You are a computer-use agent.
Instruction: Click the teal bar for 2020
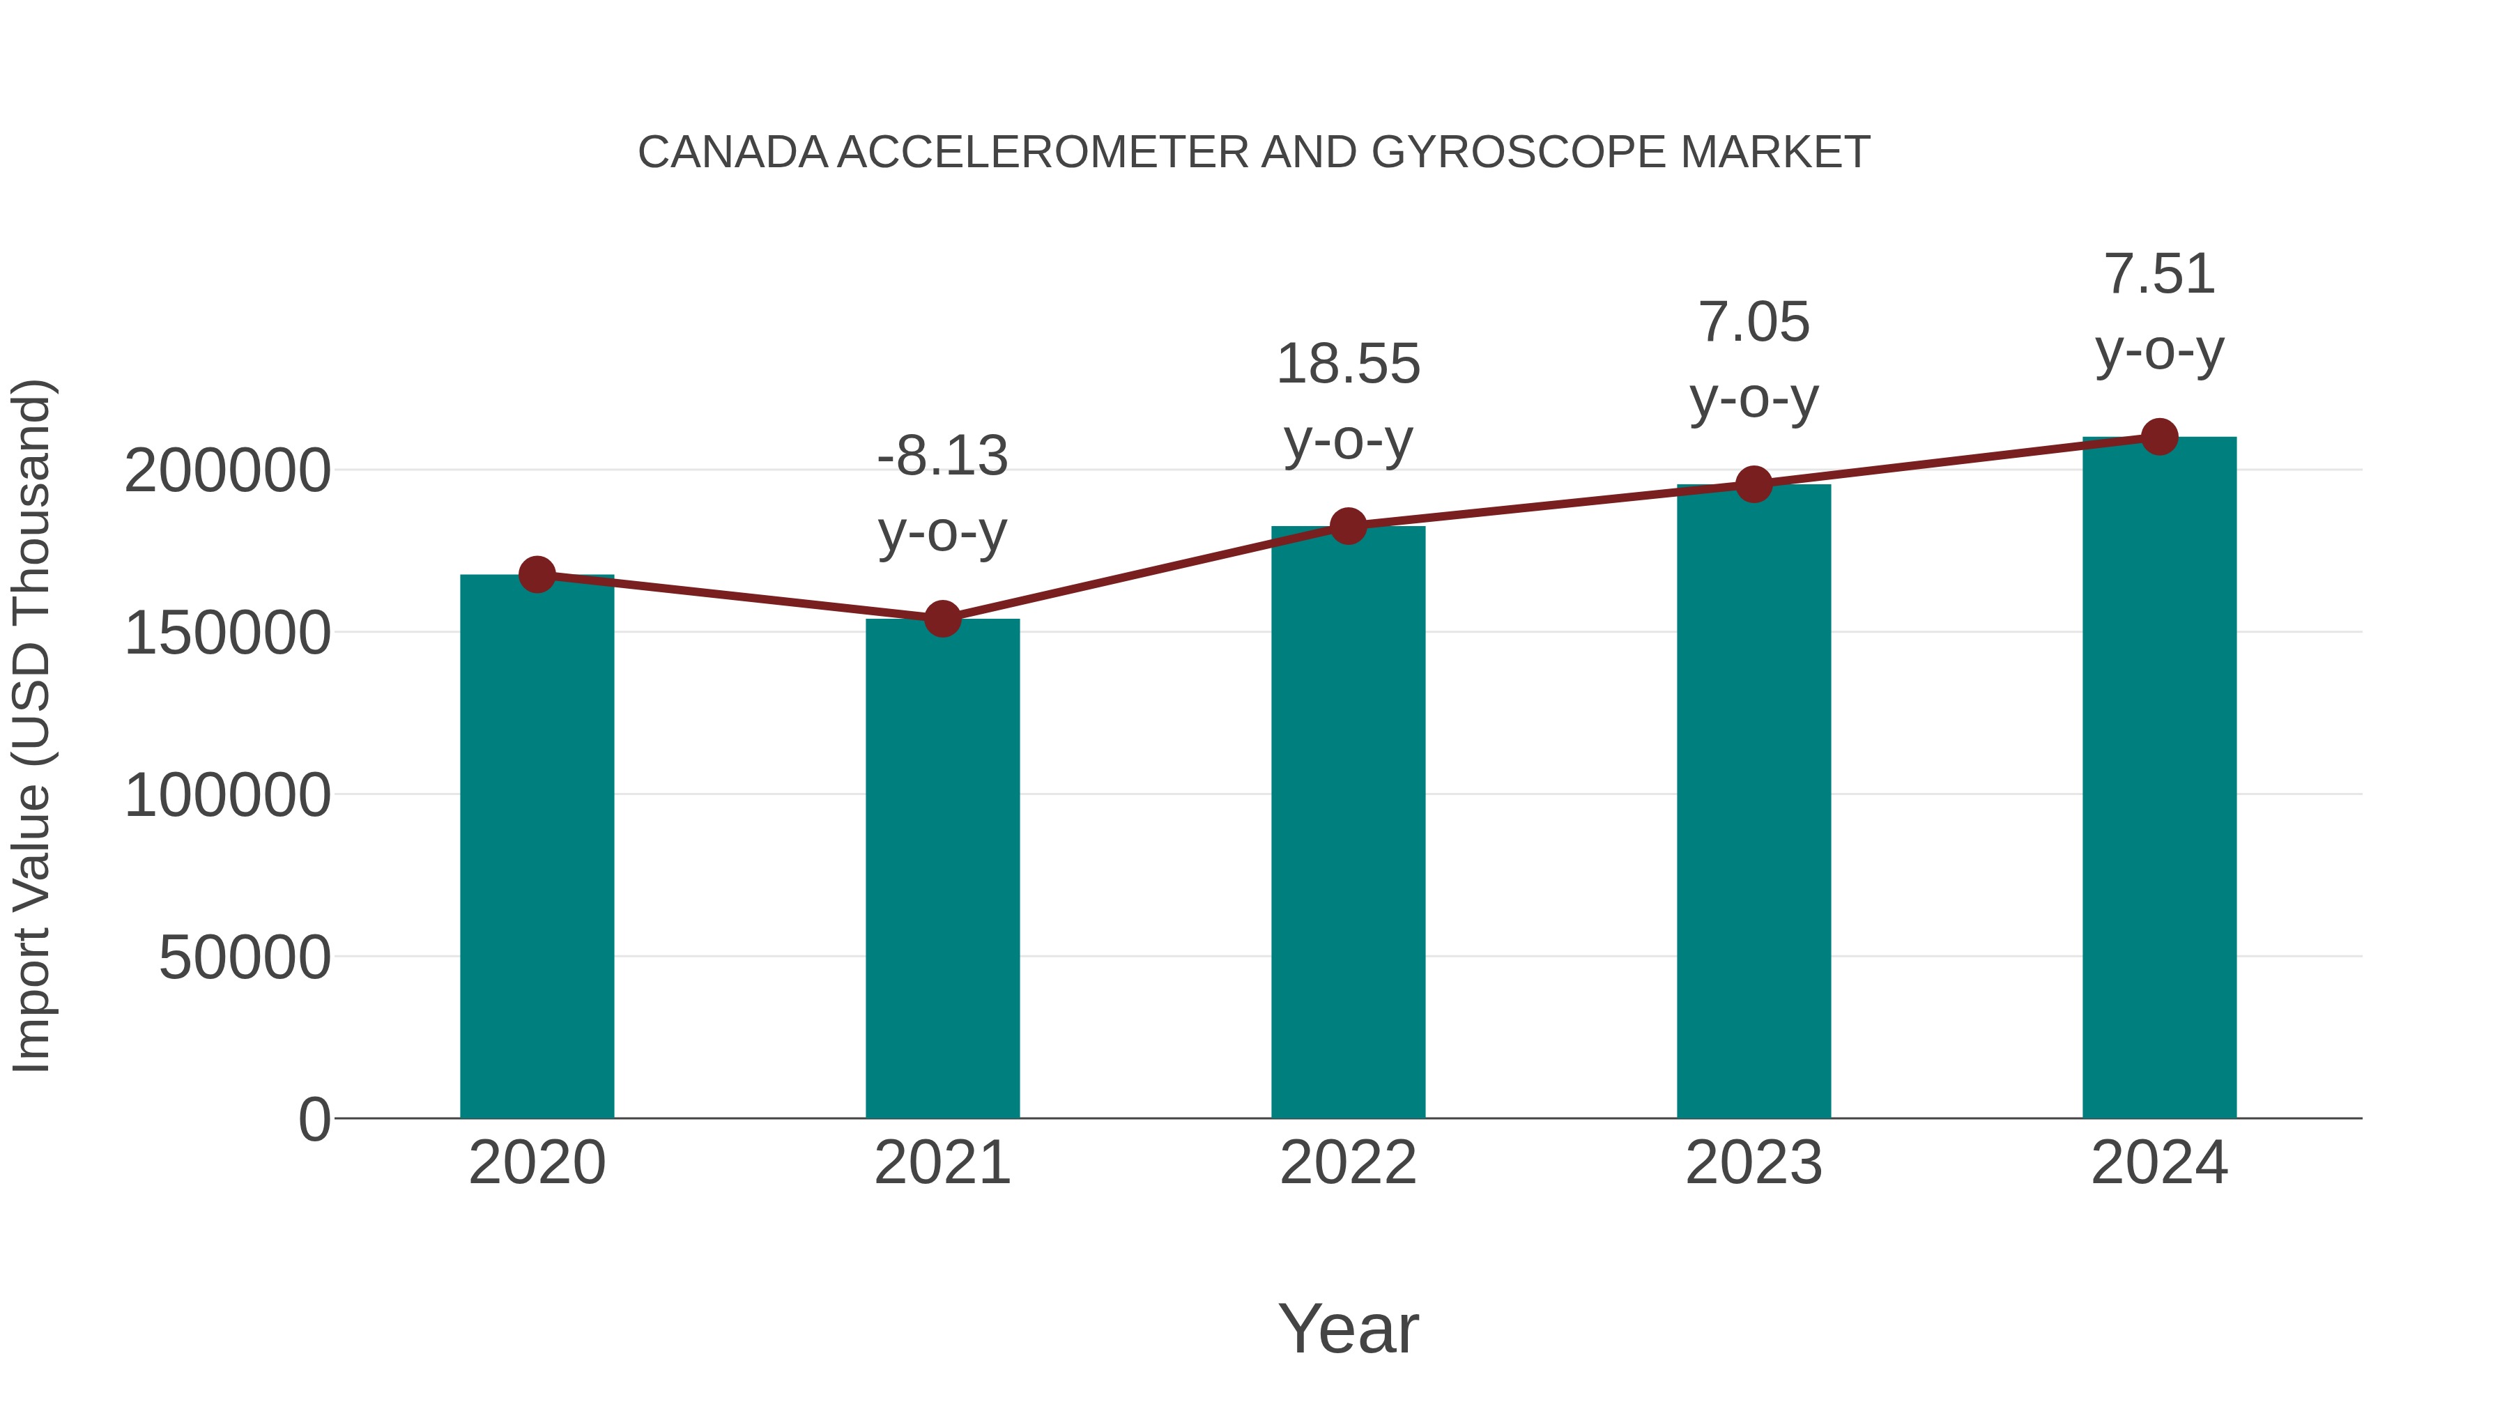pos(537,847)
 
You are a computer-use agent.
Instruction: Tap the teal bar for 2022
pos(1348,823)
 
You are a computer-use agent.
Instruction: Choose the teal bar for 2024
pos(2159,778)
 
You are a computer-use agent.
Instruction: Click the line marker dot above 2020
pos(537,575)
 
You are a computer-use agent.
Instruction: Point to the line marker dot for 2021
pos(942,618)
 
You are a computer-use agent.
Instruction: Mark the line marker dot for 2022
pos(1348,526)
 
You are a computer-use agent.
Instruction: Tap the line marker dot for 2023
pos(1754,484)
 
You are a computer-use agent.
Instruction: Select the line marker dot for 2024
pos(2159,437)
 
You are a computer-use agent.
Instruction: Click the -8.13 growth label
pos(942,456)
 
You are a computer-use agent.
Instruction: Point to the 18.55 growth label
pos(1348,364)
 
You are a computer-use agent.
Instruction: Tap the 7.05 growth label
pos(1754,323)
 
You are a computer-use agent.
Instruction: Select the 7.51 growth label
pos(2159,274)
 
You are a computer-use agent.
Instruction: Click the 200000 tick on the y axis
pos(227,471)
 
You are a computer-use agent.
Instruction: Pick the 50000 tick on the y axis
pos(245,957)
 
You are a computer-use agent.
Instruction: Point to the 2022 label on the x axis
pos(1348,1163)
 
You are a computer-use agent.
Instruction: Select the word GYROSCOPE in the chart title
pos(1519,153)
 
